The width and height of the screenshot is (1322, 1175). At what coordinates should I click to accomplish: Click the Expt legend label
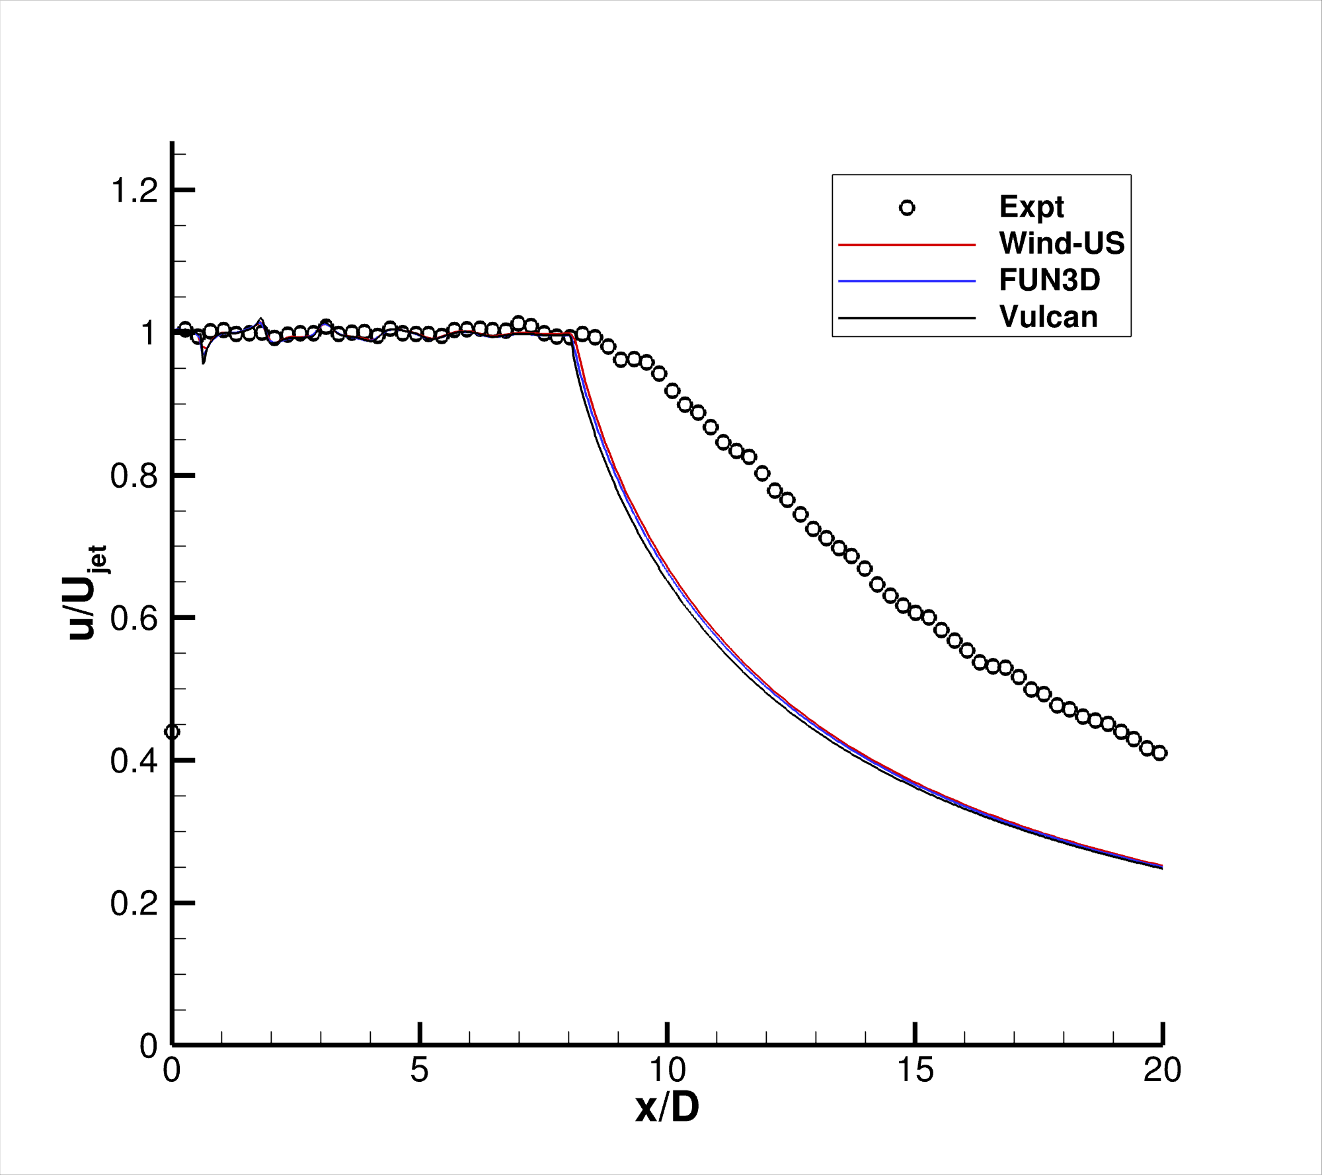(1031, 207)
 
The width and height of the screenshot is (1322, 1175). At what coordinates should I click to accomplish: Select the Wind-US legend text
(1062, 243)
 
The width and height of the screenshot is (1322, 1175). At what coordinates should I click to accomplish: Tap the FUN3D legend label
(1050, 280)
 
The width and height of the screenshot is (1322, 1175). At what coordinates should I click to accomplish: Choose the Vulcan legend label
(1048, 317)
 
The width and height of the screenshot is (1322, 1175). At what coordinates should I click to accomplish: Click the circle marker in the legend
(907, 208)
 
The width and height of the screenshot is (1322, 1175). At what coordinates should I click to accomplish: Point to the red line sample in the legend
(907, 245)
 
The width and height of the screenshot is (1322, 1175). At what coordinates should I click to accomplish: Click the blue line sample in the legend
(907, 282)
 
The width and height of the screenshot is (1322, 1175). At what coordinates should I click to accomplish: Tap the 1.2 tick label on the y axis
(134, 191)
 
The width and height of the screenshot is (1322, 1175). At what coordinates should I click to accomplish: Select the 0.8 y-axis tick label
(134, 476)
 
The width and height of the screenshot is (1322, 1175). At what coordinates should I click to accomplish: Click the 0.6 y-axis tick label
(134, 619)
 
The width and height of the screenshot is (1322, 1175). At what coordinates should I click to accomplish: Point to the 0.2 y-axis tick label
(134, 903)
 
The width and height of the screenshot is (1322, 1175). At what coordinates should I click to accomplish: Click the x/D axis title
(667, 1108)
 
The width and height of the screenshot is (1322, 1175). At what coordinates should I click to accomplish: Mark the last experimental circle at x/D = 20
(1159, 753)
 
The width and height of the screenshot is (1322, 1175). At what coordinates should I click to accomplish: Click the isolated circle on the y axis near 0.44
(173, 732)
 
